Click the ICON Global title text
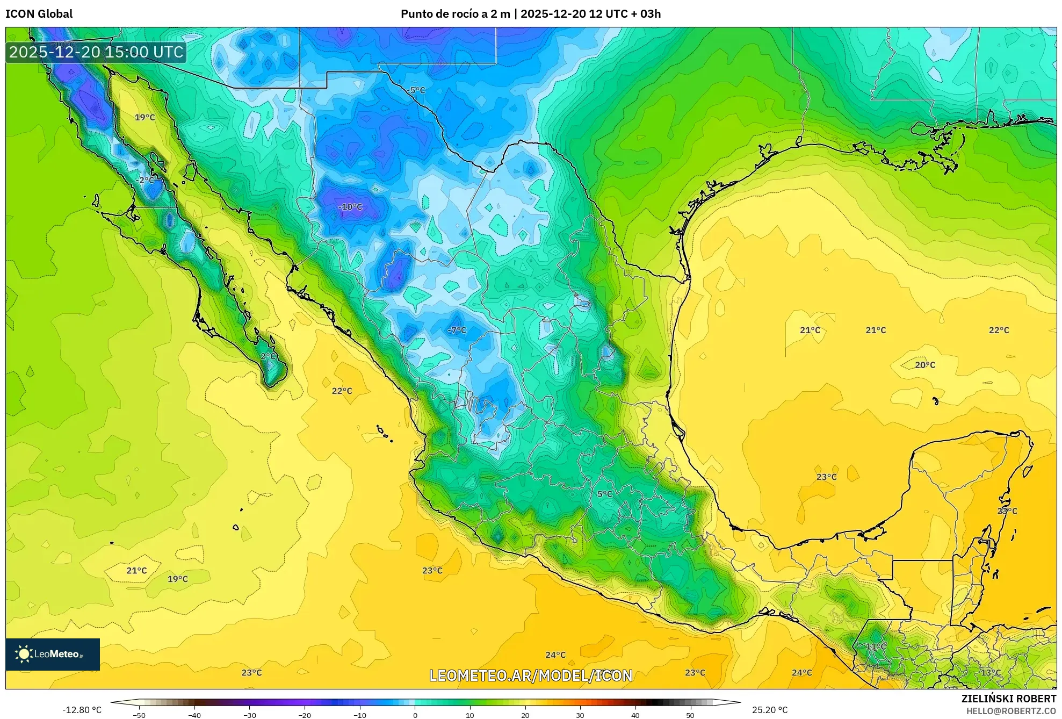[x=39, y=14]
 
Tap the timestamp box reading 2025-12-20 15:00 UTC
[x=96, y=52]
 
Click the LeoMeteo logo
[x=52, y=654]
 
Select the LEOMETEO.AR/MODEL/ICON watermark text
[x=531, y=675]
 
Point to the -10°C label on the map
[x=350, y=207]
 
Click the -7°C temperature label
[x=457, y=330]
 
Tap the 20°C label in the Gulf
[x=925, y=365]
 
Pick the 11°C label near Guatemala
[x=876, y=646]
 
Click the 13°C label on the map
[x=991, y=672]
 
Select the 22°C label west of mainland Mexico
[x=342, y=391]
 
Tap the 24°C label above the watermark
[x=555, y=655]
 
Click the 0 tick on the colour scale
[x=415, y=715]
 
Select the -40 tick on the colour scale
[x=194, y=715]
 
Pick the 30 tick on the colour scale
[x=580, y=715]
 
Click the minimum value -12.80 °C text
[x=82, y=710]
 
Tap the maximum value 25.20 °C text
[x=770, y=710]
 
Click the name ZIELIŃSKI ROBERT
[x=1008, y=699]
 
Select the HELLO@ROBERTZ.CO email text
[x=1011, y=711]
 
